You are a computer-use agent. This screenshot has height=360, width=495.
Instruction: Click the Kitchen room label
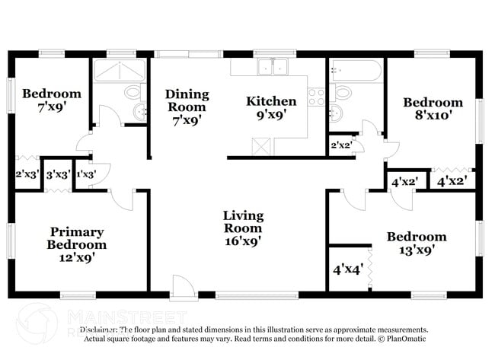(270, 101)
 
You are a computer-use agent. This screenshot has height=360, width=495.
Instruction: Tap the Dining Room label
(187, 100)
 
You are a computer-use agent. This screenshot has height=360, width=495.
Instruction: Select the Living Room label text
(242, 221)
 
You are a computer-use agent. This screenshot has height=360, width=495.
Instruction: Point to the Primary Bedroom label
(77, 237)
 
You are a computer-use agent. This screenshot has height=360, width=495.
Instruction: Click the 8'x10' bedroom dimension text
(433, 116)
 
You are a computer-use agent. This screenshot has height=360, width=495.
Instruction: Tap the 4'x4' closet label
(347, 269)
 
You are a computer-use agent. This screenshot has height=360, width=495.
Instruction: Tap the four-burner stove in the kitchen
(316, 97)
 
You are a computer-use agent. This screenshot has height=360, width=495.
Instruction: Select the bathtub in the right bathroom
(356, 72)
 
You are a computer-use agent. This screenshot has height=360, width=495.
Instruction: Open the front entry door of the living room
(182, 287)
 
